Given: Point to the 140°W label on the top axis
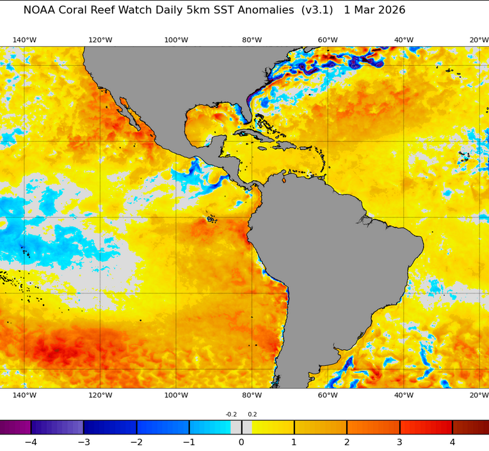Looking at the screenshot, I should point(24,40).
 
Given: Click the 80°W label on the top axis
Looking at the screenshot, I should point(252,40).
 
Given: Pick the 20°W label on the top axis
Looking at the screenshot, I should point(479,40).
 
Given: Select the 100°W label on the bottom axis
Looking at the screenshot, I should point(176,395).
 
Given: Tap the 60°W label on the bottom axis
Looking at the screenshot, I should point(328,395).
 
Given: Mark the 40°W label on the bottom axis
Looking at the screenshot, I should point(403,395).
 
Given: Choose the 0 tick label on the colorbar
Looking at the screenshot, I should point(241,442).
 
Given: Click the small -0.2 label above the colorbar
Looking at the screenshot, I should point(231,415).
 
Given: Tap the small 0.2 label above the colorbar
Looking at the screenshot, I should point(252,415).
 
